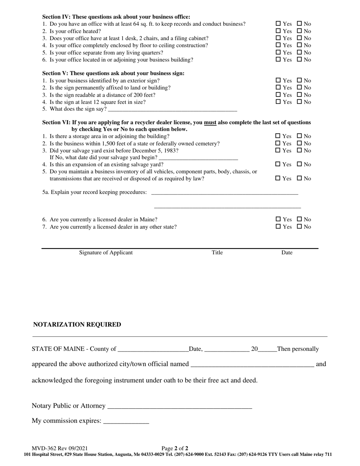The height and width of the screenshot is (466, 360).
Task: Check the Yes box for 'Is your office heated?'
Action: point(278,31)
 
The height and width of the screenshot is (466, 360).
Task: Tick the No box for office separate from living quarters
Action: point(299,53)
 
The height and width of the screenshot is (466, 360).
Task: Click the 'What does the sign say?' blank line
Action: point(172,110)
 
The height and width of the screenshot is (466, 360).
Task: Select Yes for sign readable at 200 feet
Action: point(278,95)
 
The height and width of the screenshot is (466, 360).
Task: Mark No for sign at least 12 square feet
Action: point(299,102)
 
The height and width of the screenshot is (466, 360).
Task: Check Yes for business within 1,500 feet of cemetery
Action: point(278,143)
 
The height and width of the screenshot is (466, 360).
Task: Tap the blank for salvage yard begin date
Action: point(198,158)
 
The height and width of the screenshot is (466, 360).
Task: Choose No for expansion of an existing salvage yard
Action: point(299,164)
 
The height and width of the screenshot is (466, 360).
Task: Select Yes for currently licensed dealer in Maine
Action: point(278,219)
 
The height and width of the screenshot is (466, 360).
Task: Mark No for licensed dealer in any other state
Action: point(299,227)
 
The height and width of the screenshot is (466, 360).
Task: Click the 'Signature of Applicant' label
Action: point(106,253)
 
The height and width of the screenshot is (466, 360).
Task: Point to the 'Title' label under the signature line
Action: point(217,253)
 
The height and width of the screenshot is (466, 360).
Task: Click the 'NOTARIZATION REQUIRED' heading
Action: point(77,325)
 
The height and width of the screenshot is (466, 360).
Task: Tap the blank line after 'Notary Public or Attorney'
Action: point(180,406)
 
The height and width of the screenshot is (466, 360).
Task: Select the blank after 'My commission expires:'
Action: point(126,421)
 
